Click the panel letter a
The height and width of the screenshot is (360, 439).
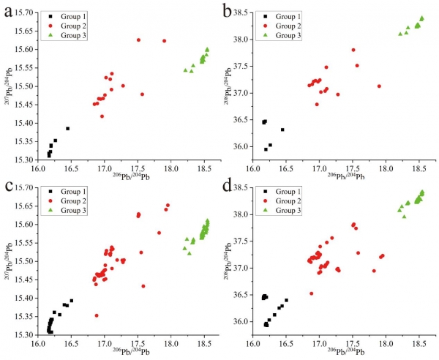click(9, 10)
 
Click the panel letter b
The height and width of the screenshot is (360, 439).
click(226, 10)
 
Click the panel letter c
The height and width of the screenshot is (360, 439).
click(8, 188)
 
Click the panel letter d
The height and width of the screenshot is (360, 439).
click(227, 188)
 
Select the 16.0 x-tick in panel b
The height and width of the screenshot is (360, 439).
click(254, 168)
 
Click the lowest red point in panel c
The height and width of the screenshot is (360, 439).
click(97, 315)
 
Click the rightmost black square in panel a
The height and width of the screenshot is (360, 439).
click(68, 129)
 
